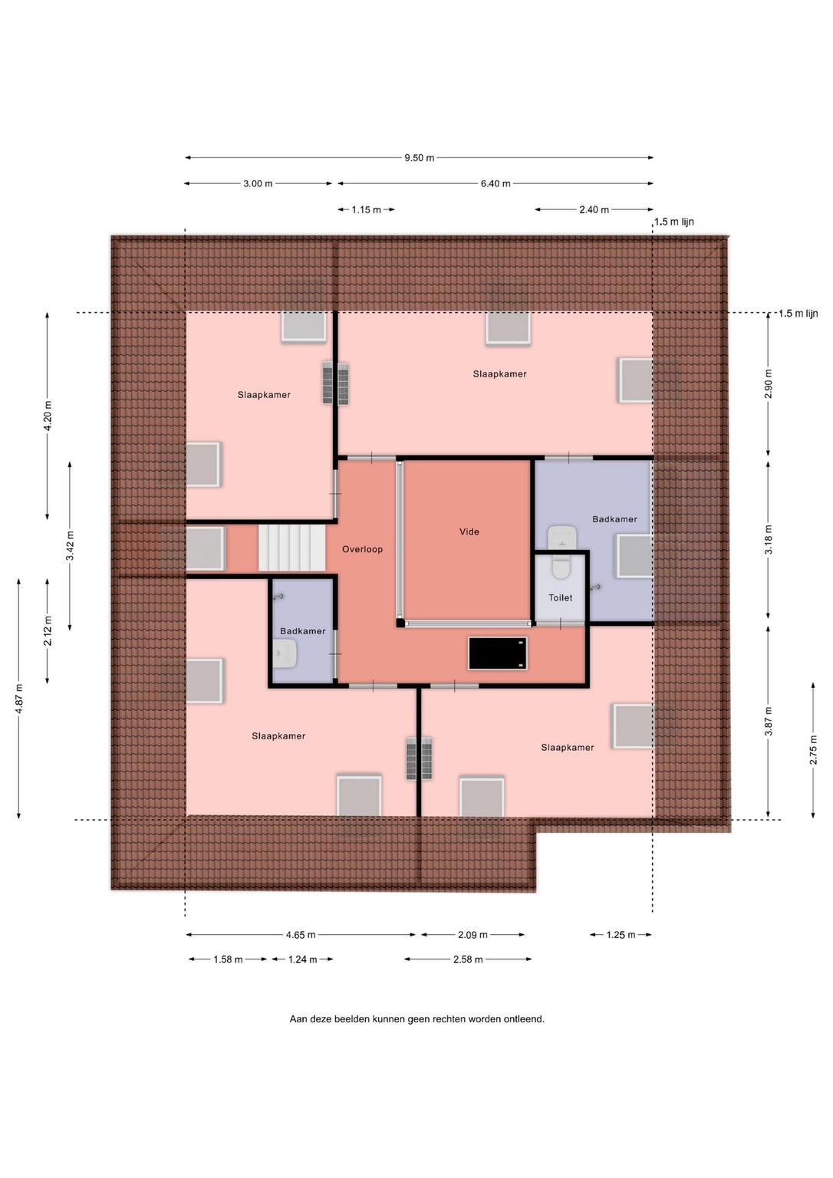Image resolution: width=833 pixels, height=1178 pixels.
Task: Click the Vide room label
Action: pos(469,531)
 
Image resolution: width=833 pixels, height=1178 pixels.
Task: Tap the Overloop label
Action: pos(362,549)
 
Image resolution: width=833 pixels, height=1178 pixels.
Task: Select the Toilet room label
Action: pos(560,597)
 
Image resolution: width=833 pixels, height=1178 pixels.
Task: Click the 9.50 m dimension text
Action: pos(419,158)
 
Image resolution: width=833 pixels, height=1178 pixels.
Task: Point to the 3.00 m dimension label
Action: pos(258,183)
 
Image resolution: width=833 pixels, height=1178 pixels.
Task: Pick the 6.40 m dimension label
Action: pos(496,183)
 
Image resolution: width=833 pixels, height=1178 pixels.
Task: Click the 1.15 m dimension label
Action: pos(367,210)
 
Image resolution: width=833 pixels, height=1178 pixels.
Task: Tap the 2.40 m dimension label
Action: pos(594,210)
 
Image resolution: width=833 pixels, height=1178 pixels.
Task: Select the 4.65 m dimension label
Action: pos(301,935)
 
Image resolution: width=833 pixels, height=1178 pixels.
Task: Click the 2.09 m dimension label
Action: pos(472,935)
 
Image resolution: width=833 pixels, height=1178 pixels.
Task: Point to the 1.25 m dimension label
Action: pos(621,935)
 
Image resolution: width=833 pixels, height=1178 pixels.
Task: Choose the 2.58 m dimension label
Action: pos(468,959)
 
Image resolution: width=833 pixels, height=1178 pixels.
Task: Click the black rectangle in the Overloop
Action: pos(498,653)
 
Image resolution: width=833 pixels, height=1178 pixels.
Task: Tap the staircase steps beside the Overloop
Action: pos(292,549)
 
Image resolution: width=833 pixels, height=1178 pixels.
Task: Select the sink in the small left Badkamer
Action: pos(285,653)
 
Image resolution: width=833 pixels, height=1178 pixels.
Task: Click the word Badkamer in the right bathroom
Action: pos(614,519)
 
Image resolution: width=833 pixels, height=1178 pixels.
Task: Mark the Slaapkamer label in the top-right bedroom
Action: pos(499,374)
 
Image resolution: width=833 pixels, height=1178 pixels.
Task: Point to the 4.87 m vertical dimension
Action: pos(19,699)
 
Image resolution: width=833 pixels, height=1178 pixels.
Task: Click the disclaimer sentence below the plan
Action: pos(417,1018)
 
